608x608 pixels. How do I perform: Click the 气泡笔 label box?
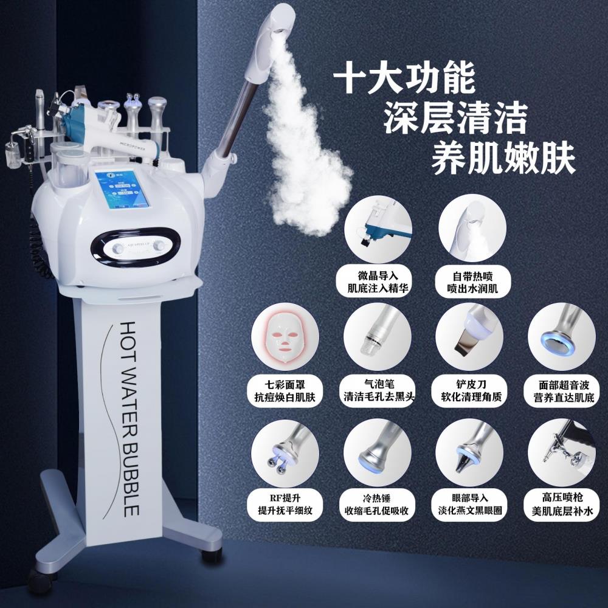[x=373, y=391]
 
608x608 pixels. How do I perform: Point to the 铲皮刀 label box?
[x=468, y=391]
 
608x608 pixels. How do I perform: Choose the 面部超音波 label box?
[x=562, y=391]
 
